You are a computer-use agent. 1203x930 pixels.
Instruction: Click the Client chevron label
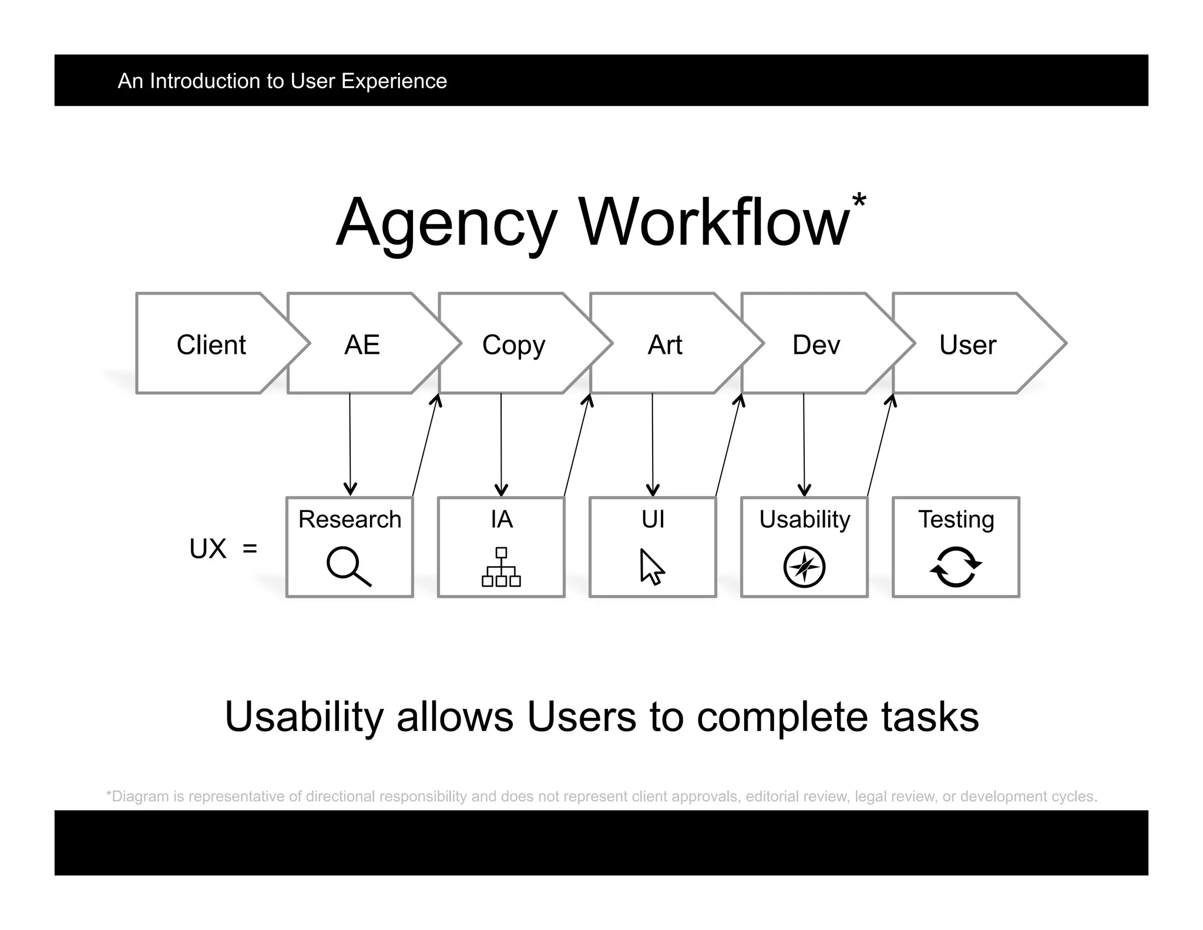pyautogui.click(x=211, y=344)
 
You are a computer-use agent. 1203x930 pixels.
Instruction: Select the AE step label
pyautogui.click(x=362, y=344)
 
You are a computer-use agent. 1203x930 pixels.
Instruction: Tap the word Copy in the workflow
pyautogui.click(x=513, y=345)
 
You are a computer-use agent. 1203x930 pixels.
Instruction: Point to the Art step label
pyautogui.click(x=664, y=344)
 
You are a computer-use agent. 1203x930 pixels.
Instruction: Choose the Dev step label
pyautogui.click(x=816, y=344)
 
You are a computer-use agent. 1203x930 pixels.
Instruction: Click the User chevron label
pyautogui.click(x=967, y=344)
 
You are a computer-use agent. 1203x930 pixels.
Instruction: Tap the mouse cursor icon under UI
pyautogui.click(x=652, y=567)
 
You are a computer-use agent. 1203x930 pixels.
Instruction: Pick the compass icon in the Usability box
pyautogui.click(x=804, y=567)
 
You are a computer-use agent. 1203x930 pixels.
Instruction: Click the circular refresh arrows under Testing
pyautogui.click(x=956, y=567)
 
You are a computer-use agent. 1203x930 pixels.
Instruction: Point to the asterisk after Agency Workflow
pyautogui.click(x=859, y=200)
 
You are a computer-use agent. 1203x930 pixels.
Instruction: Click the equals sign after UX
pyautogui.click(x=250, y=548)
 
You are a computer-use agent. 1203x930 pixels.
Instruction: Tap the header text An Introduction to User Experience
pyautogui.click(x=282, y=81)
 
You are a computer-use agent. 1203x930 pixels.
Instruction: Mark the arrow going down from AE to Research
pyautogui.click(x=350, y=444)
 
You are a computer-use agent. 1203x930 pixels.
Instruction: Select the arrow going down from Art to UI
pyautogui.click(x=653, y=444)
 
